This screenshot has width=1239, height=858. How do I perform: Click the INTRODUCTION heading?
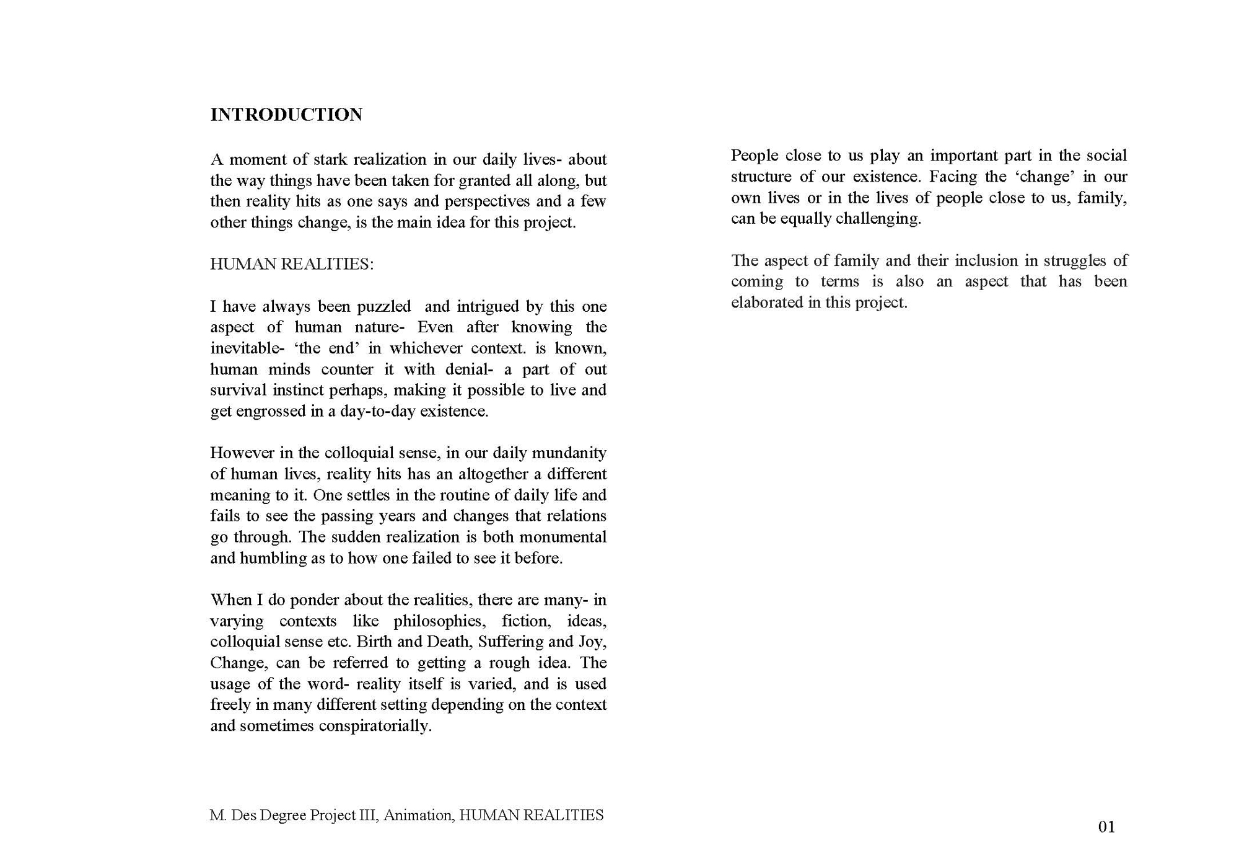click(x=286, y=115)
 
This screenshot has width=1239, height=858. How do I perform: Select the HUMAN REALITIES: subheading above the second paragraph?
click(x=292, y=264)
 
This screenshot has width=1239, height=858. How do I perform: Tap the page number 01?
click(x=1106, y=826)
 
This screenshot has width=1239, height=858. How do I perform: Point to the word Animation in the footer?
click(x=419, y=815)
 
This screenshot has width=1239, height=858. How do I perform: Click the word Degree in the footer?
click(x=283, y=815)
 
